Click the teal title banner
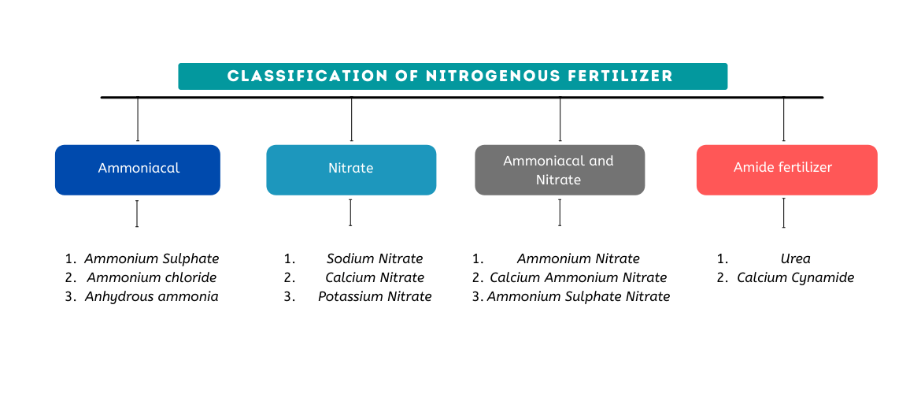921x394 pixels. tap(453, 76)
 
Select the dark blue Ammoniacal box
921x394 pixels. tap(138, 169)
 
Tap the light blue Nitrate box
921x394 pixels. tap(351, 169)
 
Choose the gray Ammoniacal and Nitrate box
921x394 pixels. tap(559, 169)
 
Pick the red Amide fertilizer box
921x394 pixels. tap(786, 169)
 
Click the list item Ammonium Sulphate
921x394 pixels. tap(152, 258)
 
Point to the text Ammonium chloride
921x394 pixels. tap(152, 277)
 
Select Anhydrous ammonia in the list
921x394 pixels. tap(152, 296)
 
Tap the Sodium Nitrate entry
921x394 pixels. tap(375, 258)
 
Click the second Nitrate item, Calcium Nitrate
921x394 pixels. tap(375, 277)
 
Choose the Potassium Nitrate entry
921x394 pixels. tap(375, 296)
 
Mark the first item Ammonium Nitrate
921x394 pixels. tap(579, 258)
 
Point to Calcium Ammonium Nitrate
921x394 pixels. tap(579, 277)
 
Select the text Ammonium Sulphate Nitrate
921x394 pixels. tap(579, 296)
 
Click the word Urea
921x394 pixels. tap(795, 258)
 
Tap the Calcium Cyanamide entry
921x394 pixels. tap(795, 277)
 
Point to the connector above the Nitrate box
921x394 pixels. tap(351, 119)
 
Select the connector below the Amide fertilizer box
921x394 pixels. tap(783, 213)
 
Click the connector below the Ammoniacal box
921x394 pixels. tap(137, 214)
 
